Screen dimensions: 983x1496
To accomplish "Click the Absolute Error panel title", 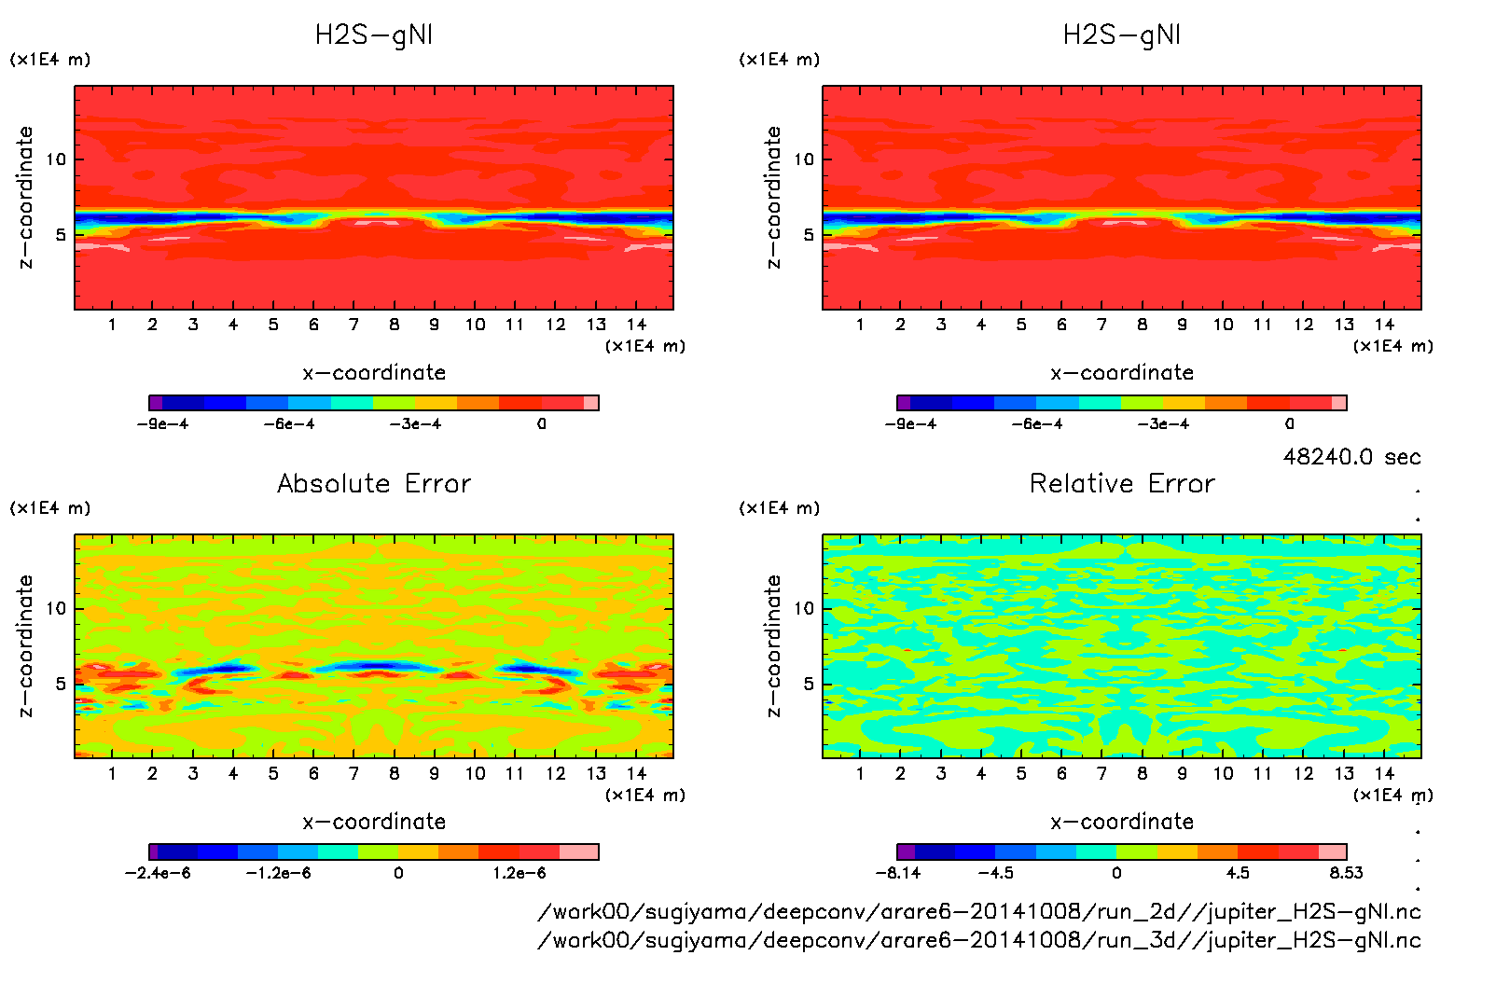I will (x=374, y=483).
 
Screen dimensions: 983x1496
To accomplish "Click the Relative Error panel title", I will (x=1122, y=483).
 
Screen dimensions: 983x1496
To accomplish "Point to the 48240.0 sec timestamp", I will (x=1351, y=457).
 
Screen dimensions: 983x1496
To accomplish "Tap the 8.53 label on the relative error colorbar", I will (x=1346, y=873).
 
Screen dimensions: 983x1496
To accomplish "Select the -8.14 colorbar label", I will (x=898, y=873).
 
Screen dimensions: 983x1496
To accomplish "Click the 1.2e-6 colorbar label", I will (x=519, y=873).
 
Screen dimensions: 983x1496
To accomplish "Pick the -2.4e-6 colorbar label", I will (x=158, y=873).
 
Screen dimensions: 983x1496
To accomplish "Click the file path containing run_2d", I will (x=979, y=911).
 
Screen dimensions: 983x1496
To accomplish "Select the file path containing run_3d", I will (x=979, y=940).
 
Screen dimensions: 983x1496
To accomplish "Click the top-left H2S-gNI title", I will (x=374, y=35).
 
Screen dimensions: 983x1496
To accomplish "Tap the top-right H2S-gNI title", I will (x=1122, y=35).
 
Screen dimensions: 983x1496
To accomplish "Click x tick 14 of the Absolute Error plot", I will (x=636, y=773).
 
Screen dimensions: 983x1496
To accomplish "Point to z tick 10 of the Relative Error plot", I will (x=804, y=609).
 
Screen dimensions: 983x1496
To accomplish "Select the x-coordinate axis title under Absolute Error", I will (x=374, y=822).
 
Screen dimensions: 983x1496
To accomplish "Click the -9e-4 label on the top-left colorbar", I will (x=163, y=424).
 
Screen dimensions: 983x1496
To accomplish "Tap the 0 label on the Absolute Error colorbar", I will (x=398, y=873).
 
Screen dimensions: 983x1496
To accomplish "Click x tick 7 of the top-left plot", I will (x=353, y=325).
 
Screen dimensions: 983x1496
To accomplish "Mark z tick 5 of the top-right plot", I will (x=809, y=235).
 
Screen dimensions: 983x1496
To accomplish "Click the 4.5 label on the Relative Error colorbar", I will (x=1237, y=873).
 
